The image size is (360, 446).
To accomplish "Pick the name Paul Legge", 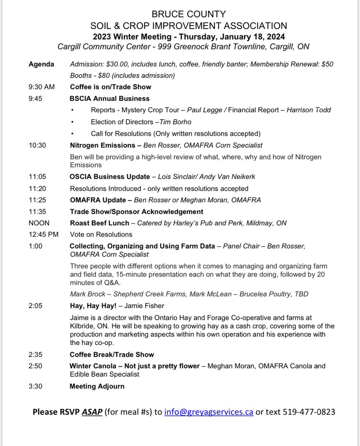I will click(204, 110).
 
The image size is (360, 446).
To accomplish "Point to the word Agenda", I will click(41, 64).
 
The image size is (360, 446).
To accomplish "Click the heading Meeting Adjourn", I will click(97, 387).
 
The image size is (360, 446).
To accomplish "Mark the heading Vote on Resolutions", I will click(101, 235).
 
